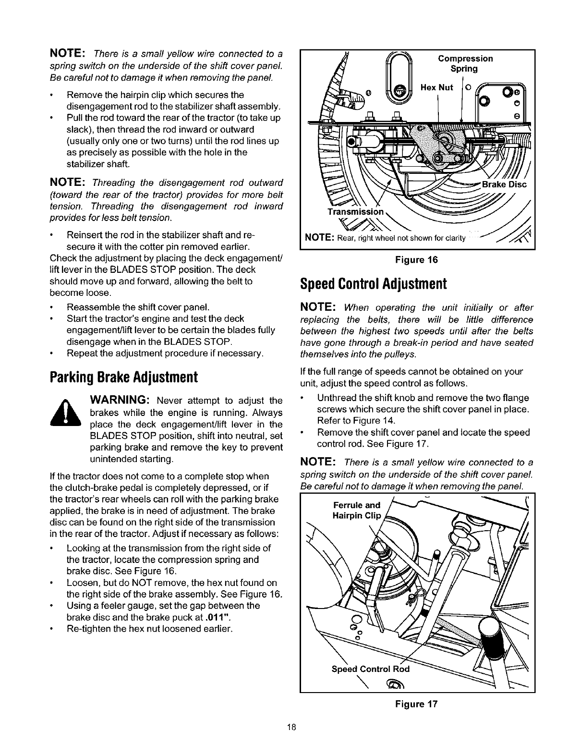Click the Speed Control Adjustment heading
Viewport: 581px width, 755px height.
coord(373,283)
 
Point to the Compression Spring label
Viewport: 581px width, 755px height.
coord(465,63)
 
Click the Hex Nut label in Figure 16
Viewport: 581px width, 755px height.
coord(437,87)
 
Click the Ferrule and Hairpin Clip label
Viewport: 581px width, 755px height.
coord(356,511)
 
